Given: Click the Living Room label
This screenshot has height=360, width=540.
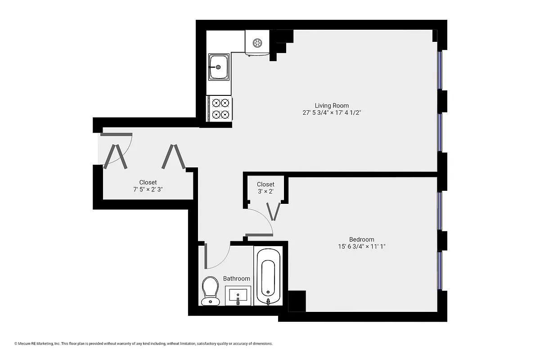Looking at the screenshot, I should [x=332, y=106].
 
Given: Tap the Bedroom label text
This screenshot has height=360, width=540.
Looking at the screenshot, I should [x=361, y=239].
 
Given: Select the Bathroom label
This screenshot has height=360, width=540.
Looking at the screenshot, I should [x=237, y=279].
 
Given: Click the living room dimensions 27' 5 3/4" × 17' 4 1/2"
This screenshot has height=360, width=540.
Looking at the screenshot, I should [x=332, y=113].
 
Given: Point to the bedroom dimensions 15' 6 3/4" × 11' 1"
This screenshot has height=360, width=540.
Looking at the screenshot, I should [x=361, y=247].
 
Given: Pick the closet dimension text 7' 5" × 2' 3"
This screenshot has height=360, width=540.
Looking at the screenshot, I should [x=148, y=189].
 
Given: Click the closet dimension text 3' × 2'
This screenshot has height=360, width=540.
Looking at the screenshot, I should [x=265, y=192].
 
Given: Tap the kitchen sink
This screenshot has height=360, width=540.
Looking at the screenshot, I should [x=218, y=67].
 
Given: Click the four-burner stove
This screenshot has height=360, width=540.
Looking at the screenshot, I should [x=220, y=108].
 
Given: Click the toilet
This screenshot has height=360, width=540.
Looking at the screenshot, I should [x=210, y=290].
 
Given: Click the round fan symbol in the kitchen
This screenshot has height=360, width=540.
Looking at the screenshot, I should [x=257, y=43].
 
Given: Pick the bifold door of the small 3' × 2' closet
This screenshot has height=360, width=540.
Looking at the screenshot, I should [x=273, y=211].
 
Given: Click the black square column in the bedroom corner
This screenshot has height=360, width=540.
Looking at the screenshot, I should [x=297, y=301].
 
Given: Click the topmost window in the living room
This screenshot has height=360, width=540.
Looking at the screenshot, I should [x=441, y=70].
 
